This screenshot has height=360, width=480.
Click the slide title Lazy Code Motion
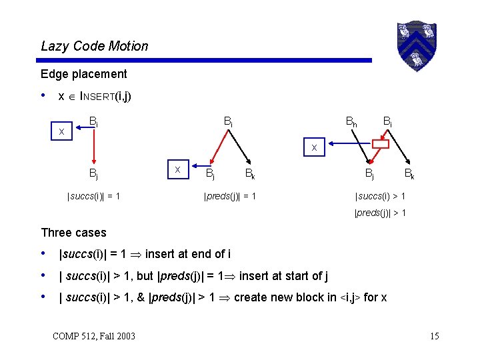coord(95,46)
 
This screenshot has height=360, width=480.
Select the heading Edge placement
coord(83,74)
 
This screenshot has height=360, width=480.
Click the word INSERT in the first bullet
coord(97,97)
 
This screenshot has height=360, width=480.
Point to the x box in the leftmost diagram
coord(62,132)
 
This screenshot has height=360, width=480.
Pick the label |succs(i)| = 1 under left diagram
coord(93,196)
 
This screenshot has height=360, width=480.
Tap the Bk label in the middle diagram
coord(249,175)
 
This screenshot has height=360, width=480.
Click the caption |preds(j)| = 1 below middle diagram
coord(229,196)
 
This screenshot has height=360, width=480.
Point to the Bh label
coord(351,122)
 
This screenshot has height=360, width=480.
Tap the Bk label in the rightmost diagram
coord(410,175)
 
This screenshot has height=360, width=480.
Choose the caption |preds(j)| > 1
coord(380,213)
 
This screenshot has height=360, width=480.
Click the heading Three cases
coord(73,233)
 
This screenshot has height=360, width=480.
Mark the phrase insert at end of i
coord(188,254)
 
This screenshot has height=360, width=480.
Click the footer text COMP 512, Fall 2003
coord(93,335)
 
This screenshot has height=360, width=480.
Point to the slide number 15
coord(434,335)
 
